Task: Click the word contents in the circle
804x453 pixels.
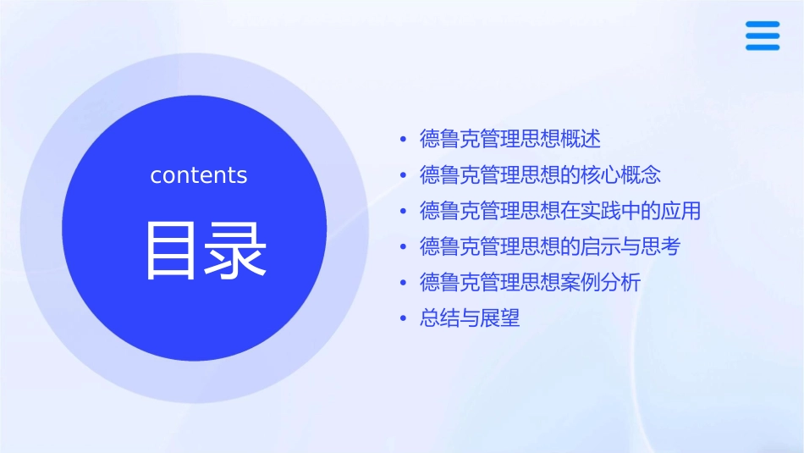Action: [x=199, y=175]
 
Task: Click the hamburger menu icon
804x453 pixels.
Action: [x=763, y=36]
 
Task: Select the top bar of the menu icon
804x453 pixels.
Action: [x=763, y=25]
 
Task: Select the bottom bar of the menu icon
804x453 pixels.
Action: [x=763, y=47]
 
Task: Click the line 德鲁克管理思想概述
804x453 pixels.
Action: [x=509, y=139]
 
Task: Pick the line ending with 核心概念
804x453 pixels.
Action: [x=540, y=175]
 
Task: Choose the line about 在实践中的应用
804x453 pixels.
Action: [x=560, y=211]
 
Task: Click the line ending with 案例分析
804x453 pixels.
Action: [x=530, y=283]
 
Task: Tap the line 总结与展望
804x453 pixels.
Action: [x=470, y=319]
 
